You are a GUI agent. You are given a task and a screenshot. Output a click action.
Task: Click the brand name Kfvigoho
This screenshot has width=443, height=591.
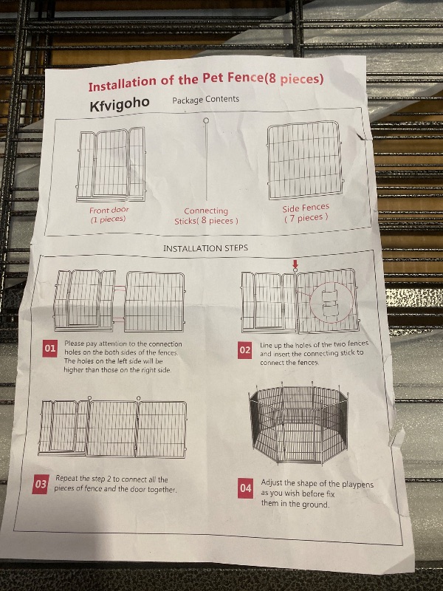[x=120, y=103]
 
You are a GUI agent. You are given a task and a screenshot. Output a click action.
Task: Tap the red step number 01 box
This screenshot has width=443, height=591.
[x=50, y=348]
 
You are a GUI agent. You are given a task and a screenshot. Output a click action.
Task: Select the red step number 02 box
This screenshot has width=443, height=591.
[x=245, y=350]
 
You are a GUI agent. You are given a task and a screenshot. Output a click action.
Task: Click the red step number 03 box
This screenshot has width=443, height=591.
[x=41, y=485]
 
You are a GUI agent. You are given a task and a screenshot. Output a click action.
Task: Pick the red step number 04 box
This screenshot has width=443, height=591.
[x=245, y=488]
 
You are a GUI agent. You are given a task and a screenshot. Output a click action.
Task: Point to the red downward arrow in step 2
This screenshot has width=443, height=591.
[x=295, y=264]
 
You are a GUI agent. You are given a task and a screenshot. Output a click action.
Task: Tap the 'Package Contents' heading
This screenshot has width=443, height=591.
[x=206, y=100]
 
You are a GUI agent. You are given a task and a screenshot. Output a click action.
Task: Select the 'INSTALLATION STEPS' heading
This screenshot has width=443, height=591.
[x=205, y=248]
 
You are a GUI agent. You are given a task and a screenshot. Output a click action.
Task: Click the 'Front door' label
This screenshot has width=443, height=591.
[x=109, y=210]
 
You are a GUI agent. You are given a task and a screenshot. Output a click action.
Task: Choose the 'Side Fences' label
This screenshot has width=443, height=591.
[x=306, y=208]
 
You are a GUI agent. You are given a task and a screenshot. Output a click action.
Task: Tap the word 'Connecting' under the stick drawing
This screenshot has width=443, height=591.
[x=206, y=211]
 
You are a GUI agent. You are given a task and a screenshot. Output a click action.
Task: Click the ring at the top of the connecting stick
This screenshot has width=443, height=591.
[x=206, y=120]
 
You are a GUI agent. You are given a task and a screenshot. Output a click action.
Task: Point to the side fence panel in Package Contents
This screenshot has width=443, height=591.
[x=304, y=160]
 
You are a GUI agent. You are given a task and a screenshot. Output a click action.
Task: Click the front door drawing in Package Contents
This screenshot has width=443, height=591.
[x=111, y=164]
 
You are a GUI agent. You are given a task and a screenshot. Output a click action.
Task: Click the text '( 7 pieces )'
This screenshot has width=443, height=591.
[x=306, y=218]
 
